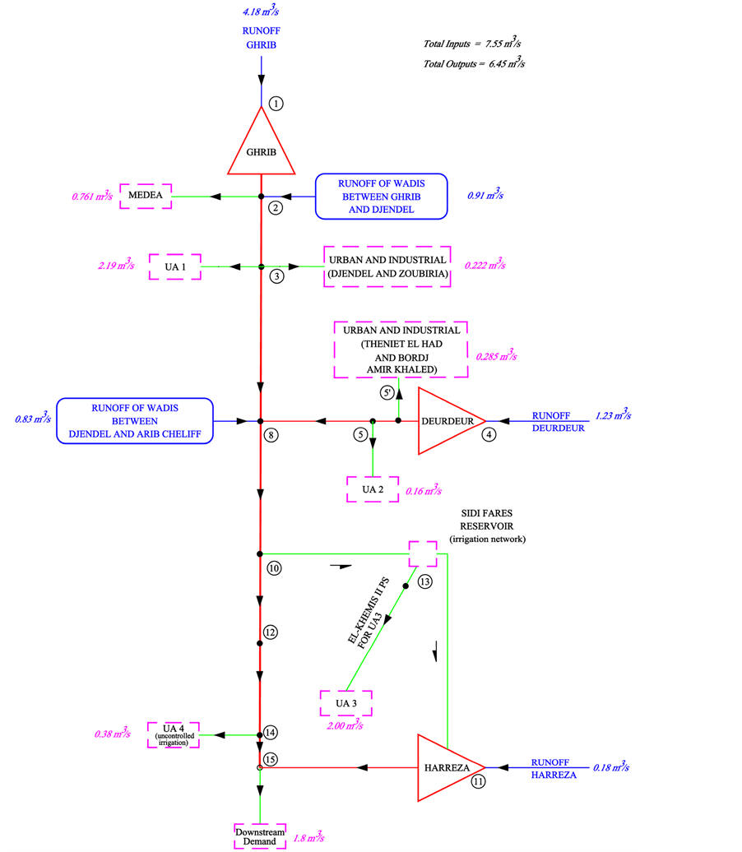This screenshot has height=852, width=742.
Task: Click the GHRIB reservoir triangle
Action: point(261,148)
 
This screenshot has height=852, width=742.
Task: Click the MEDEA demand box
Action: point(146,196)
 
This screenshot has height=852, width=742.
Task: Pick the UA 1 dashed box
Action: point(175,266)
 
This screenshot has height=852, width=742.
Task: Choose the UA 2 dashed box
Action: point(372,489)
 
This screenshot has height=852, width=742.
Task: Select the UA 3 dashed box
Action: point(345,703)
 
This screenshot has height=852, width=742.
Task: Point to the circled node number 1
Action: point(276,104)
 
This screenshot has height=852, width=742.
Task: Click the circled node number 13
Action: point(424,581)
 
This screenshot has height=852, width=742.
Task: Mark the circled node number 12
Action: point(271,632)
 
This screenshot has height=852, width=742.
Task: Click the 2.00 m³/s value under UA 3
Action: point(345,725)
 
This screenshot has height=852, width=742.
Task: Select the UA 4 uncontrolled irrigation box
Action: point(174,734)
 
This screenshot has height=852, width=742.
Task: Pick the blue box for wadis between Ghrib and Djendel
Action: point(381,196)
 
